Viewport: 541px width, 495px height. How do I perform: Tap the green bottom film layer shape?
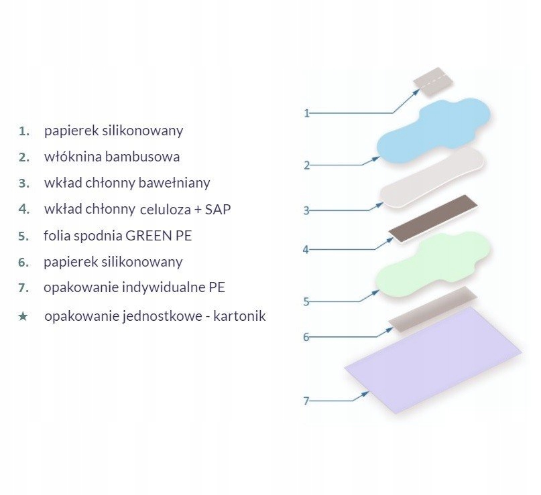[x=432, y=265]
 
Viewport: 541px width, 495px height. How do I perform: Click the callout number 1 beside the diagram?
[x=307, y=113]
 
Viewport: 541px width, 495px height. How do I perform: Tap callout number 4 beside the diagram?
[x=306, y=250]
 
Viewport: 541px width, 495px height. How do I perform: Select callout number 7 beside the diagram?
[x=306, y=401]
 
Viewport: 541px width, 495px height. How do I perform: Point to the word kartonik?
[x=239, y=316]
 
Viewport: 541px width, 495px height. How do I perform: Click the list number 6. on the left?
[x=24, y=262]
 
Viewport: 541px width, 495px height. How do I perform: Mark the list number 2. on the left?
[x=24, y=157]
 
